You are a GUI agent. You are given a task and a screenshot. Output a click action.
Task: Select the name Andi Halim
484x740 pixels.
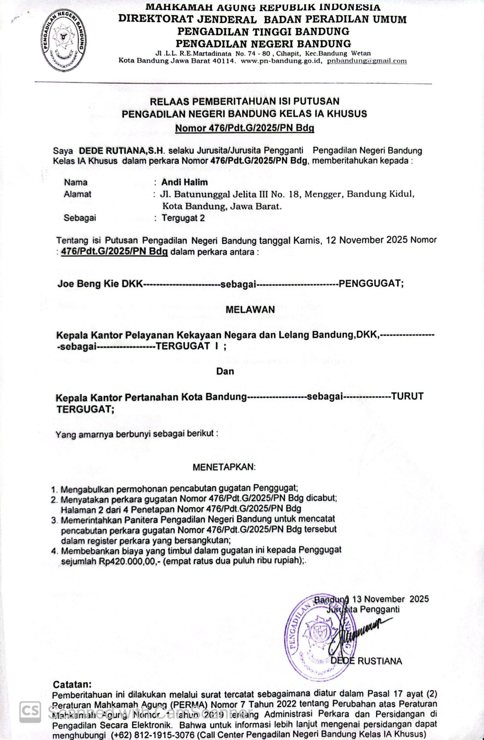[x=184, y=182]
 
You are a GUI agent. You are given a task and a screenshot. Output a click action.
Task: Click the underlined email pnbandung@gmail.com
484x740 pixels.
[x=367, y=61]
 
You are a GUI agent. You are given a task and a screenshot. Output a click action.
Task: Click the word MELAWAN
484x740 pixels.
[x=250, y=309]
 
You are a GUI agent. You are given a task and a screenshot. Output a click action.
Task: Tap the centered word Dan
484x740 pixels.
[x=225, y=371]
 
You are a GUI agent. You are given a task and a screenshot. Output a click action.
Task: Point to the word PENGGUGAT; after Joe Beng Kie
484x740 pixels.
[x=371, y=284]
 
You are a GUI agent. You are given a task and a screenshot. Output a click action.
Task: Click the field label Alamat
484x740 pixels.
[x=78, y=194]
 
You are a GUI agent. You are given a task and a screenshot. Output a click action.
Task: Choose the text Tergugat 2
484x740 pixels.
[x=183, y=218]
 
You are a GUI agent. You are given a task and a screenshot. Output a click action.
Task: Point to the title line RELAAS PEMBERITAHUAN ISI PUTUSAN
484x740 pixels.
[x=244, y=101]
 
